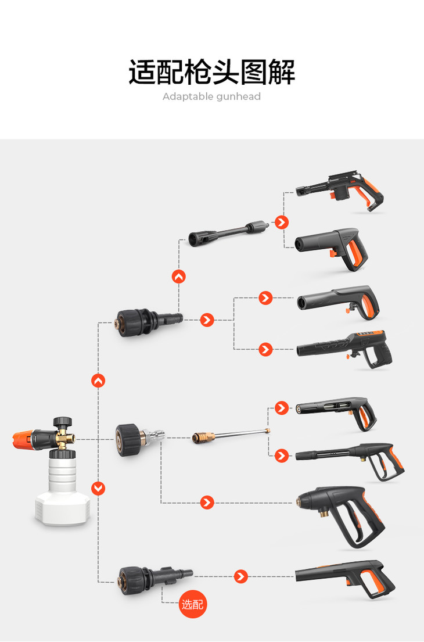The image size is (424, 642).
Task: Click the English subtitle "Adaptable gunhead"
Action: (x=211, y=96)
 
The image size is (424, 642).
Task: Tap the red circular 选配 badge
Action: (x=193, y=604)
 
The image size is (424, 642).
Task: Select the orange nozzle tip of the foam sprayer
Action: (x=22, y=439)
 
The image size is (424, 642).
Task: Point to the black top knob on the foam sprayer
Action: (x=63, y=422)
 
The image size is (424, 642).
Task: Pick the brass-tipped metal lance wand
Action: (x=231, y=435)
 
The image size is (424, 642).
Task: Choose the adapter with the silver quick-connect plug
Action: (x=139, y=440)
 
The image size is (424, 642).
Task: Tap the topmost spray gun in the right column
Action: (x=340, y=191)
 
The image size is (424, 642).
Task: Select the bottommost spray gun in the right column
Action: (x=344, y=578)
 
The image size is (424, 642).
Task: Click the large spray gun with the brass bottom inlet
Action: (x=341, y=516)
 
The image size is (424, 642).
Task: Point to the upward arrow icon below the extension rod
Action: (x=179, y=277)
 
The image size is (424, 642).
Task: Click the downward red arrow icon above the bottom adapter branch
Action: (x=98, y=488)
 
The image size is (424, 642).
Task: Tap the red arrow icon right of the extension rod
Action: (x=282, y=223)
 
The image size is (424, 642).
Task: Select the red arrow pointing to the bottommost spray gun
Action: (x=241, y=576)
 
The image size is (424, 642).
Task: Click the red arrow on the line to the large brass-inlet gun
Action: (x=207, y=503)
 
